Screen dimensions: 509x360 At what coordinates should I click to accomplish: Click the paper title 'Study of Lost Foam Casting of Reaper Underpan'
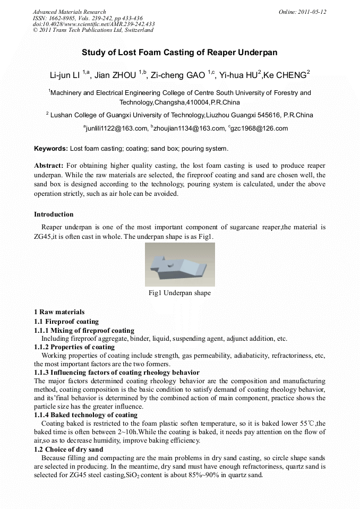coord(179,53)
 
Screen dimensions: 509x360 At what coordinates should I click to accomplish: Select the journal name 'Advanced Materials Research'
coord(69,12)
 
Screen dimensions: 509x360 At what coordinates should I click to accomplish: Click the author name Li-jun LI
coord(65,76)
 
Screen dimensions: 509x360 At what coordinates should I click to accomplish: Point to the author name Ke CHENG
coord(289,76)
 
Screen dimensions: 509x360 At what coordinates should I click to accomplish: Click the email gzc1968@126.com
coord(260,128)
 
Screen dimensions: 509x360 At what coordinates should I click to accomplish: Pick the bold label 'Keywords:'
coord(51,149)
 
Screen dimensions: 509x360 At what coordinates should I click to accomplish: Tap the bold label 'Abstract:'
coord(49,166)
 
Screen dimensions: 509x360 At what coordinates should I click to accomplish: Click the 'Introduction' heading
coord(54,214)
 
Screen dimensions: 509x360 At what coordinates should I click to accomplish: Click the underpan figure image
coord(179,264)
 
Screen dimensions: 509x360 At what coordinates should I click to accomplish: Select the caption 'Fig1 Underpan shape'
coord(179,293)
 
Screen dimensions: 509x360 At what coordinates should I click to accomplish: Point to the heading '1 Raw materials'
coord(59,312)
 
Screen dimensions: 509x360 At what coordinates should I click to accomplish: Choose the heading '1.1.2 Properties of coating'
coord(74,347)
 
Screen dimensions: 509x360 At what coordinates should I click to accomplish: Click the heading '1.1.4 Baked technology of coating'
coord(85,415)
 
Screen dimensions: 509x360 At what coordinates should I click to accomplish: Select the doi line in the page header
coord(93,24)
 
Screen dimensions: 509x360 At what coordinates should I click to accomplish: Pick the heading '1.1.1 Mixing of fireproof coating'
coord(84,330)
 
